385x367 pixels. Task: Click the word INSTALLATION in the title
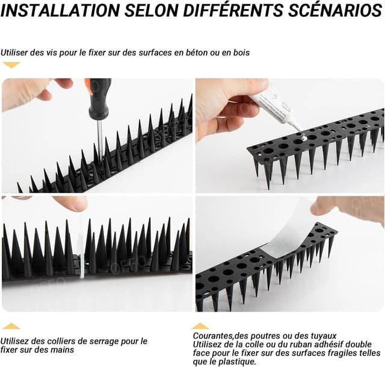click(x=60, y=10)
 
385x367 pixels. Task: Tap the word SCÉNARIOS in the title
click(x=335, y=10)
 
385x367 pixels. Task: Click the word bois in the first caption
click(x=241, y=52)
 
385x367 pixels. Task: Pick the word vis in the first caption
click(x=52, y=52)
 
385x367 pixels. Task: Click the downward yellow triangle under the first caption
click(x=11, y=65)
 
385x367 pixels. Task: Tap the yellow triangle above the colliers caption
click(x=11, y=326)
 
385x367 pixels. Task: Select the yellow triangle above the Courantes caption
click(x=200, y=326)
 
